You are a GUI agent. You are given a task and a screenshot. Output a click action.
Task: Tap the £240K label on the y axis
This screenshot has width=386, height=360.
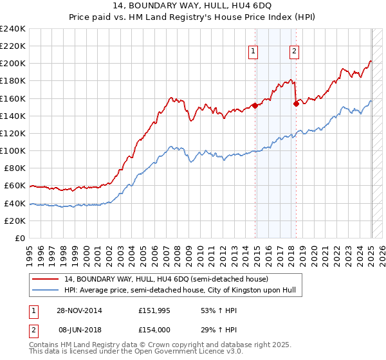click(x=13, y=29)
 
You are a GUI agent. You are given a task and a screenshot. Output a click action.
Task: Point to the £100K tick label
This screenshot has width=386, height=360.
click(x=13, y=150)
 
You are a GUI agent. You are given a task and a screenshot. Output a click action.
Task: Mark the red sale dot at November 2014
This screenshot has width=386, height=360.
click(x=255, y=105)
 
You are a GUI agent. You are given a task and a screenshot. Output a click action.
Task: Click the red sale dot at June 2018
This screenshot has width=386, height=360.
click(x=296, y=104)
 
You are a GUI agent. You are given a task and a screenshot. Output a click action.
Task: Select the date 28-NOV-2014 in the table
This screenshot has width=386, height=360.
click(x=79, y=310)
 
